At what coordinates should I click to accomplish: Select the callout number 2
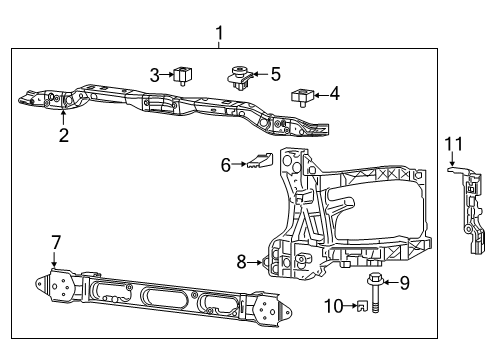[x=64, y=136]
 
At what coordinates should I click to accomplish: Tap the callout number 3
[x=155, y=73]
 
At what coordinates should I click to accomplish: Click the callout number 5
[x=276, y=73]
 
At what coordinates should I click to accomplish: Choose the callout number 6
[x=226, y=165]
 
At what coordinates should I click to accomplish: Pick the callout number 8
[x=241, y=262]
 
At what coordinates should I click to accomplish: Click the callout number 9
[x=405, y=283]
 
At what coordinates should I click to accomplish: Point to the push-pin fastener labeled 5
[x=238, y=75]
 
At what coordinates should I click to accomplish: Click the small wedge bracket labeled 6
[x=259, y=160]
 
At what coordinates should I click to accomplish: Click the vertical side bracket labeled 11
[x=475, y=215]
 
